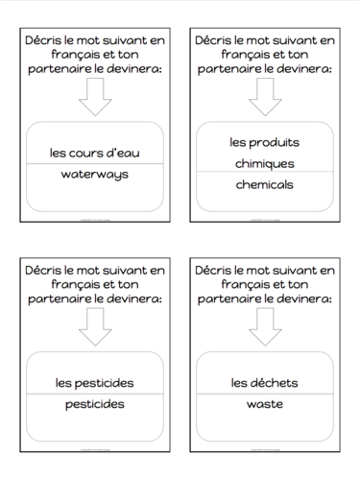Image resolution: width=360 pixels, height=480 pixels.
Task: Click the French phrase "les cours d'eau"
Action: tap(94, 153)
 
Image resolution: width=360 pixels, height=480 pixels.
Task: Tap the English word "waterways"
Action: tap(94, 175)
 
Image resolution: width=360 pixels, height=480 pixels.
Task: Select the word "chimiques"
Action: tap(264, 163)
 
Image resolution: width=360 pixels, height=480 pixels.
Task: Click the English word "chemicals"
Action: tap(264, 183)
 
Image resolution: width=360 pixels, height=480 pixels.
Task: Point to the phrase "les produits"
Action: tap(264, 142)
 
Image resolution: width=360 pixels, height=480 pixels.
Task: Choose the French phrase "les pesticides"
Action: tap(94, 383)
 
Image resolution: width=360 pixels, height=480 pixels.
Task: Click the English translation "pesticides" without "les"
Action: tap(94, 404)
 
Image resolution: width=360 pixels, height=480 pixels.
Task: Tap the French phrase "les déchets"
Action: tap(264, 383)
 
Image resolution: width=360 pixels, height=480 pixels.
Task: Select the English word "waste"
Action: tap(264, 404)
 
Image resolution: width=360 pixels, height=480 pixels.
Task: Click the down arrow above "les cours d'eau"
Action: tap(94, 97)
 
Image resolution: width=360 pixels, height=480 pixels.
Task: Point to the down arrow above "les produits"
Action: tap(264, 97)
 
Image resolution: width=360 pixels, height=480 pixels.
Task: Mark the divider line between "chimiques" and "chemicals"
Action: tap(264, 173)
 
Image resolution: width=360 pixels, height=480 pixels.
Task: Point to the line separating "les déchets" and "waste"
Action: tap(264, 394)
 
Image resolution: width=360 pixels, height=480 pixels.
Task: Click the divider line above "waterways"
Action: tap(94, 164)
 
